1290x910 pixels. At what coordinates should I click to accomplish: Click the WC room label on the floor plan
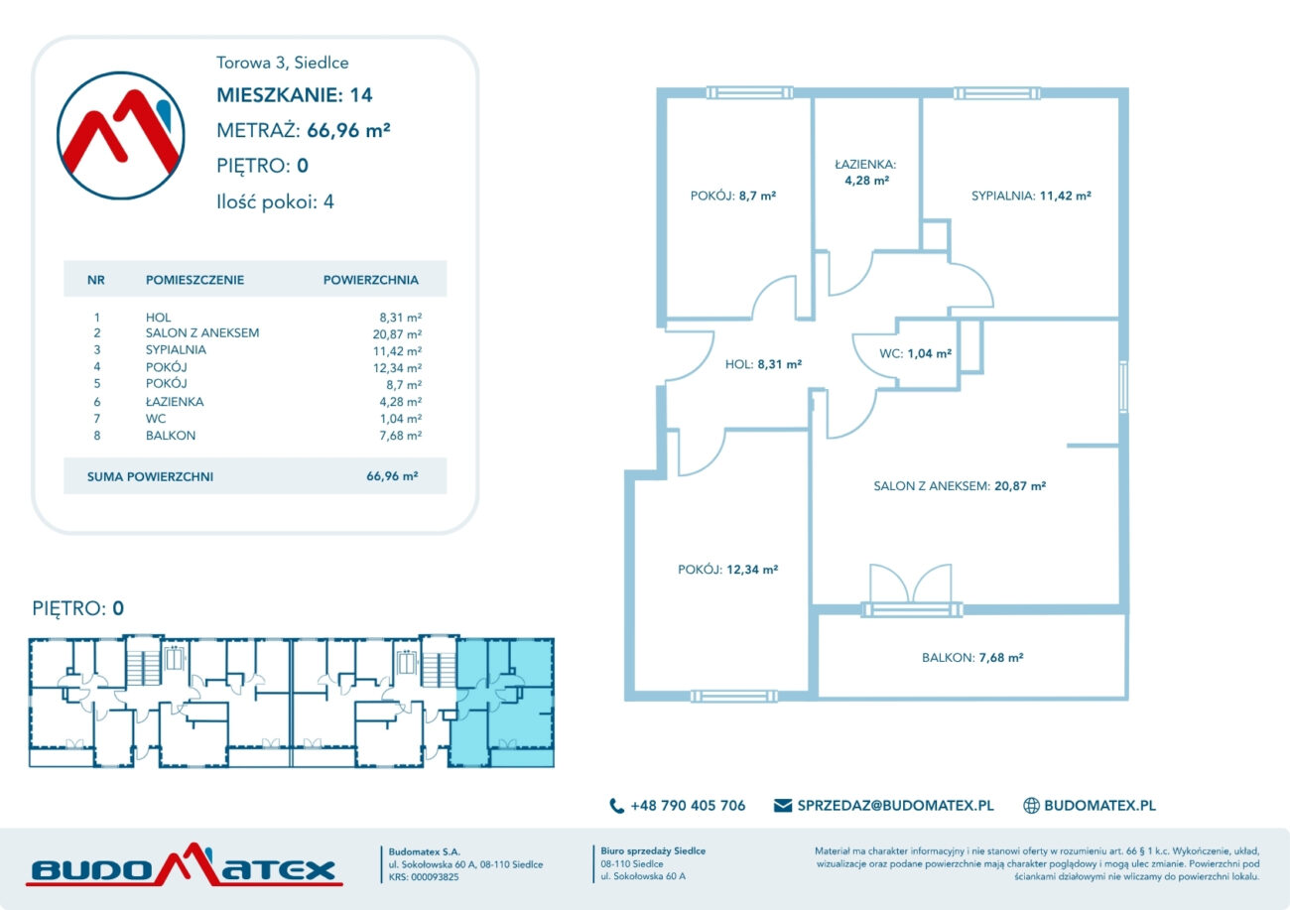pos(915,353)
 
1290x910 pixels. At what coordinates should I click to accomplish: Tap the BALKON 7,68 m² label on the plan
pos(972,658)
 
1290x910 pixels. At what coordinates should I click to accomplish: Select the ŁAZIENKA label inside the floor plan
pos(865,173)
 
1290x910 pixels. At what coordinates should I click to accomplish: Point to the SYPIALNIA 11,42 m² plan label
pos(1031,195)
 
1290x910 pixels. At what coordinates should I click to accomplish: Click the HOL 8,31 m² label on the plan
pos(763,364)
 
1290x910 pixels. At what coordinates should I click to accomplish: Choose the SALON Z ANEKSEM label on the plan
pos(960,486)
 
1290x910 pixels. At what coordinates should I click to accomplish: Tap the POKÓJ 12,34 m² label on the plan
pos(728,570)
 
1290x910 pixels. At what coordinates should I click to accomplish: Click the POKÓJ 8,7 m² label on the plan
pos(733,195)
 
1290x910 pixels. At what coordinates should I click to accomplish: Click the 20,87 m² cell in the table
pos(397,334)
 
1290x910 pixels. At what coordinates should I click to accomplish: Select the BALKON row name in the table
pos(171,436)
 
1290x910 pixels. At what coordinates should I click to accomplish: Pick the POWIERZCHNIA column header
pos(371,280)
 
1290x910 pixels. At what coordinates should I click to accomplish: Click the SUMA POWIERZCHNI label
pos(150,477)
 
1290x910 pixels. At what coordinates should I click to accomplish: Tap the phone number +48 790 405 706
pos(688,805)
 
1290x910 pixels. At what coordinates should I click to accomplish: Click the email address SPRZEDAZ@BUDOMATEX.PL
pos(895,805)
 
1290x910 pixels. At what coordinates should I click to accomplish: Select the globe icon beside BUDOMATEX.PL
pos(1031,805)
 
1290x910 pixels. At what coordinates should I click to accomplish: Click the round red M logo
pos(121,135)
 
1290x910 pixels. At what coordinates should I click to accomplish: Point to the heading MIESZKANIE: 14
pos(295,95)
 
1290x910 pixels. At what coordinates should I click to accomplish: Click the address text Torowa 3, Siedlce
pos(282,63)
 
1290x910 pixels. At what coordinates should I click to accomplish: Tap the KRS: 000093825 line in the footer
pos(424,877)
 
